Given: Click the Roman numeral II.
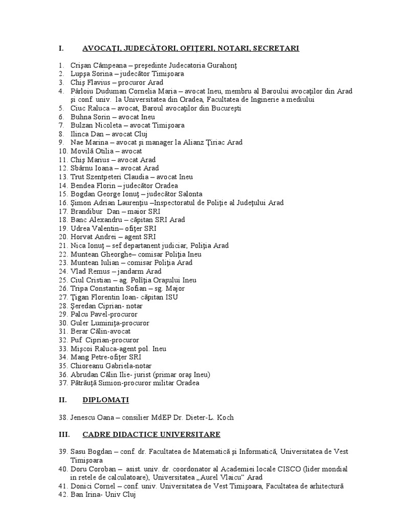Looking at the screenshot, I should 61,400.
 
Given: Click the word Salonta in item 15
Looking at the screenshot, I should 190,194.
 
